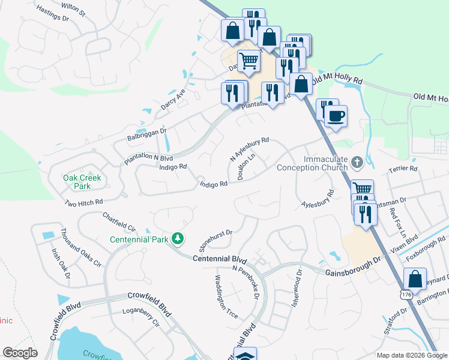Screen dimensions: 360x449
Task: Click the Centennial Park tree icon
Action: pyautogui.click(x=177, y=239)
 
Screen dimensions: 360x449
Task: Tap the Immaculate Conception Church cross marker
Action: pyautogui.click(x=357, y=162)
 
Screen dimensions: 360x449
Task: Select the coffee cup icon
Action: pyautogui.click(x=336, y=115)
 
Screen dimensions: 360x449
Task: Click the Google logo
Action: pyautogui.click(x=20, y=352)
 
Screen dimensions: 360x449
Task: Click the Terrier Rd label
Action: pyautogui.click(x=403, y=169)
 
